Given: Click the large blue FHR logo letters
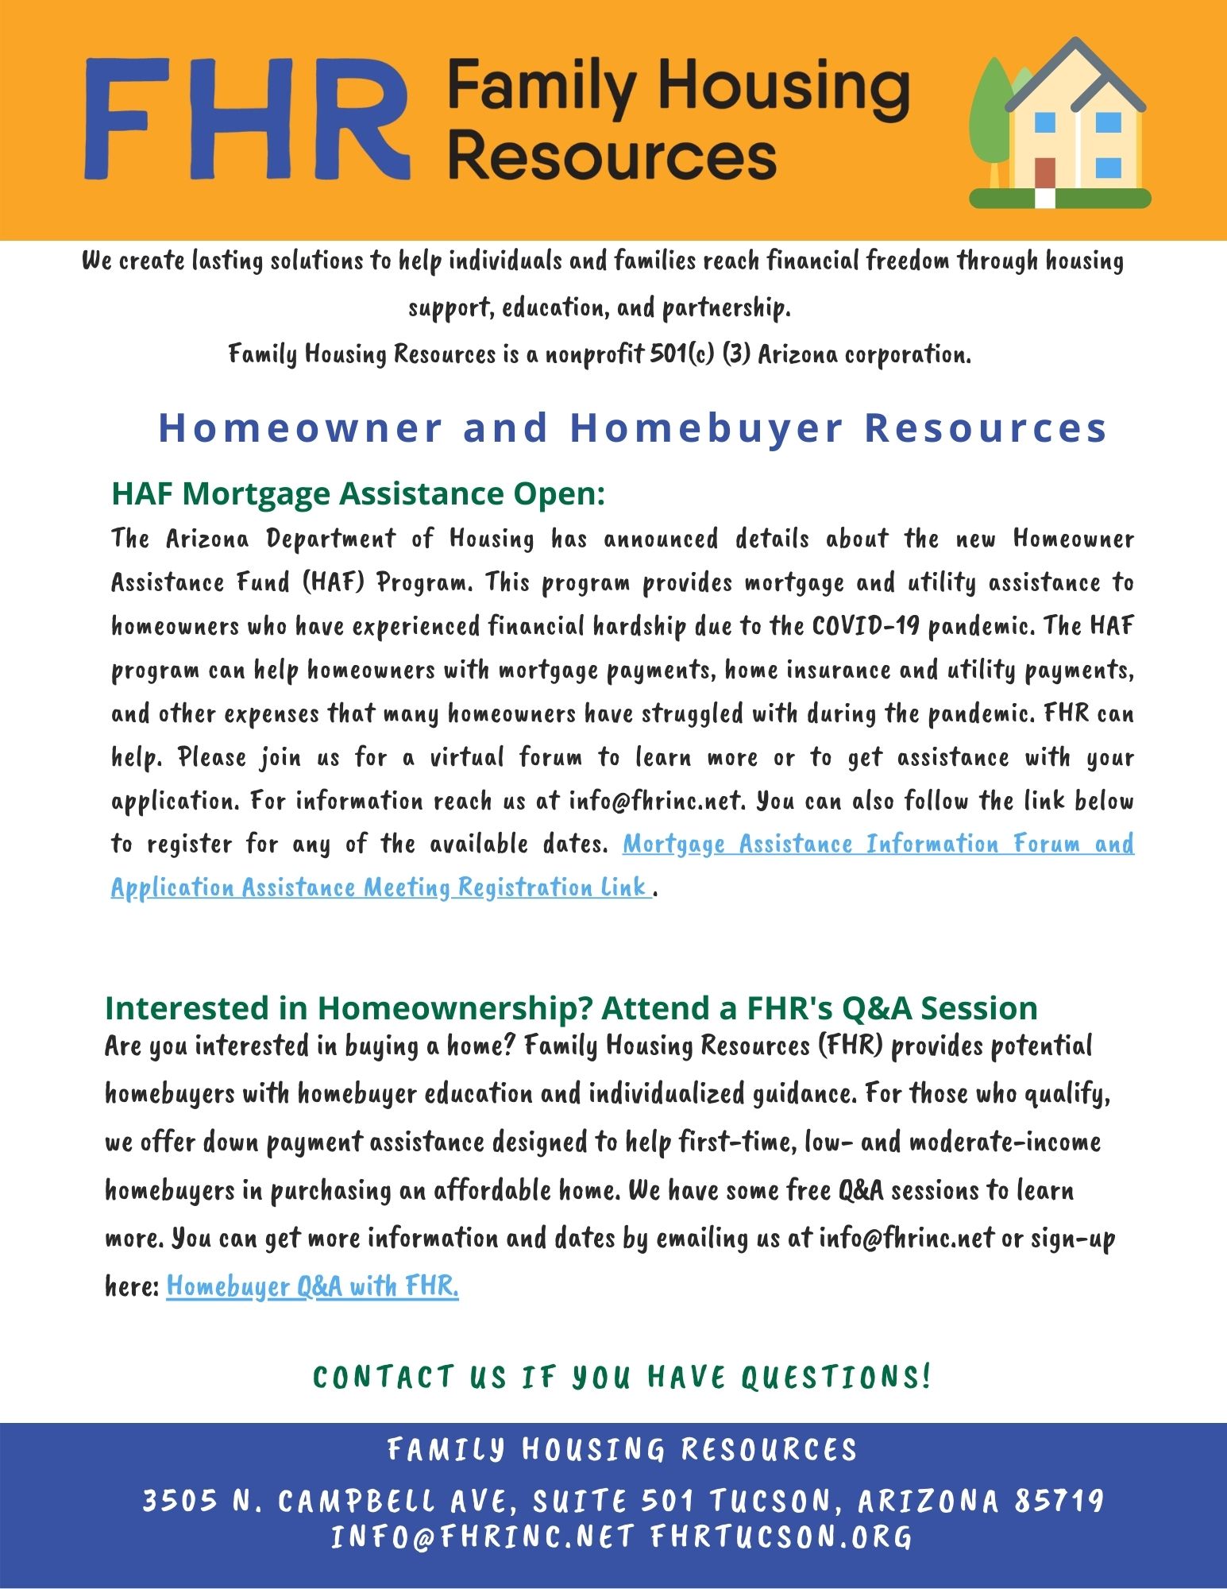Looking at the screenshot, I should tap(246, 119).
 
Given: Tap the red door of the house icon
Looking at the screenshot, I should tap(1045, 173).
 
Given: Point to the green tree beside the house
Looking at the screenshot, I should tap(989, 119).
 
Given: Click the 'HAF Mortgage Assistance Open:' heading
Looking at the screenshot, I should tap(358, 493).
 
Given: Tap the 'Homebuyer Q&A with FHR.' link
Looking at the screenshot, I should tap(312, 1286).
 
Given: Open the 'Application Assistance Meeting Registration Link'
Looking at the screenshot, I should tap(380, 887).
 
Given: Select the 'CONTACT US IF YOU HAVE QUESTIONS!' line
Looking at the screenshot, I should tap(622, 1377).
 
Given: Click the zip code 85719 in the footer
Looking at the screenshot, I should tap(1059, 1501).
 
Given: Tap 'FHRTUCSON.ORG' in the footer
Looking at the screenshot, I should tap(781, 1537).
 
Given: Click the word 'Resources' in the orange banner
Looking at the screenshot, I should tap(612, 155).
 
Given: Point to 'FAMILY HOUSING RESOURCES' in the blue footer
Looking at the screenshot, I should tap(623, 1450).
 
